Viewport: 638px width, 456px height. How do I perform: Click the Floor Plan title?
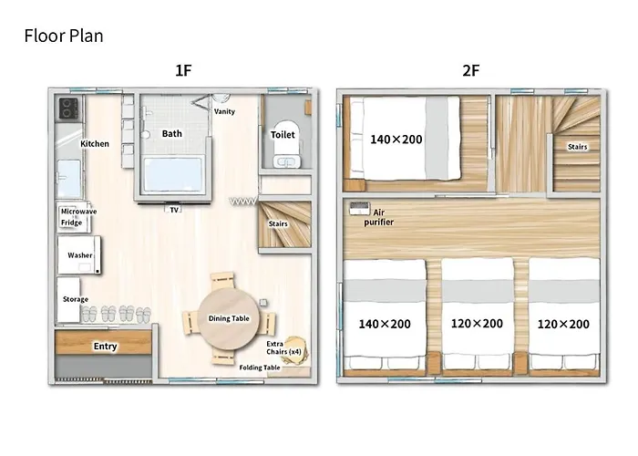(64, 36)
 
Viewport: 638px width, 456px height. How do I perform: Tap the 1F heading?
(183, 70)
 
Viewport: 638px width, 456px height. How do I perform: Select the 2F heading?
(471, 70)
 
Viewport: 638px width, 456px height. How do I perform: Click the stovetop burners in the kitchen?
(68, 109)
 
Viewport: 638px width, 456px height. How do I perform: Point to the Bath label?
(171, 133)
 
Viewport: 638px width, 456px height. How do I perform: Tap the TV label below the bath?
(174, 210)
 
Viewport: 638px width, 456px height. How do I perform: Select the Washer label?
(80, 255)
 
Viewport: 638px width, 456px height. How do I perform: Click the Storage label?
(76, 299)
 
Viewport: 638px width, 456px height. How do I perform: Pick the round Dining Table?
(228, 318)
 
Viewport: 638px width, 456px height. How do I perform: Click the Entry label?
(105, 346)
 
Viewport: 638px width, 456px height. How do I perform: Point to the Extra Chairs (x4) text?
(283, 347)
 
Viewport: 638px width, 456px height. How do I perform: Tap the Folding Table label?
(260, 368)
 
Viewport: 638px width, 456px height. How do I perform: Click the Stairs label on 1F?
(278, 224)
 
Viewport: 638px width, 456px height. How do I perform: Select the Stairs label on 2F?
(577, 147)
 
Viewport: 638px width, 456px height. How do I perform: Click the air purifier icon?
(359, 209)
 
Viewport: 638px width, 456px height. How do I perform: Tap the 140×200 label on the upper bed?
(396, 140)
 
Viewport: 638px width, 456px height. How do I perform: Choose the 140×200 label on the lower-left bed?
(384, 324)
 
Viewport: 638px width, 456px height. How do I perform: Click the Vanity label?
(224, 111)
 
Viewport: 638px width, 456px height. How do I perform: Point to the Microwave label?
(78, 212)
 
